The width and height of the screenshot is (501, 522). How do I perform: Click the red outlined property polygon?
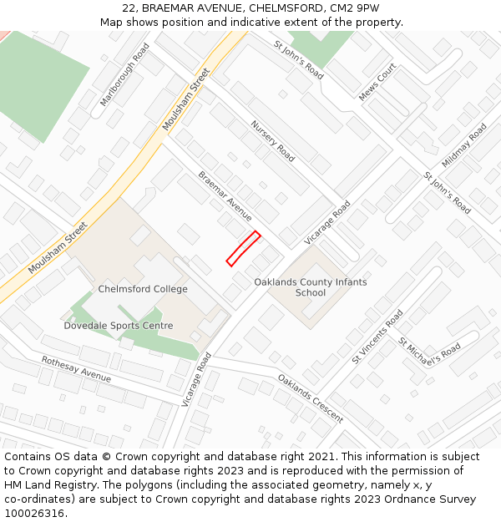click(x=243, y=249)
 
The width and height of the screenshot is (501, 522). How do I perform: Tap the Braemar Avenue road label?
click(x=225, y=196)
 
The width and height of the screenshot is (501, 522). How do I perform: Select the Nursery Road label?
click(x=273, y=140)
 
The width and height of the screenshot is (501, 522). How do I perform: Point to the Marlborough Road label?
click(x=124, y=74)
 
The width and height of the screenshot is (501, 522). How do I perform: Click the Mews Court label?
click(x=377, y=82)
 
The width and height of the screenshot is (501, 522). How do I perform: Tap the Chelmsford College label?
click(x=143, y=289)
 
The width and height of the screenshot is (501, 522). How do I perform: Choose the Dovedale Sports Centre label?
click(x=119, y=326)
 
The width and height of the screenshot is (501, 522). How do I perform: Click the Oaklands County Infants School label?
click(x=311, y=287)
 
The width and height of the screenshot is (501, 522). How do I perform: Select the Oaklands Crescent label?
click(x=311, y=398)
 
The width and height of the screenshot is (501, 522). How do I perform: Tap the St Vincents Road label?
click(x=377, y=337)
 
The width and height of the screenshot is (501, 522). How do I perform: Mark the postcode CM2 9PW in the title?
click(x=354, y=8)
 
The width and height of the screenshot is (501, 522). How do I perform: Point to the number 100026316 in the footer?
click(x=34, y=513)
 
